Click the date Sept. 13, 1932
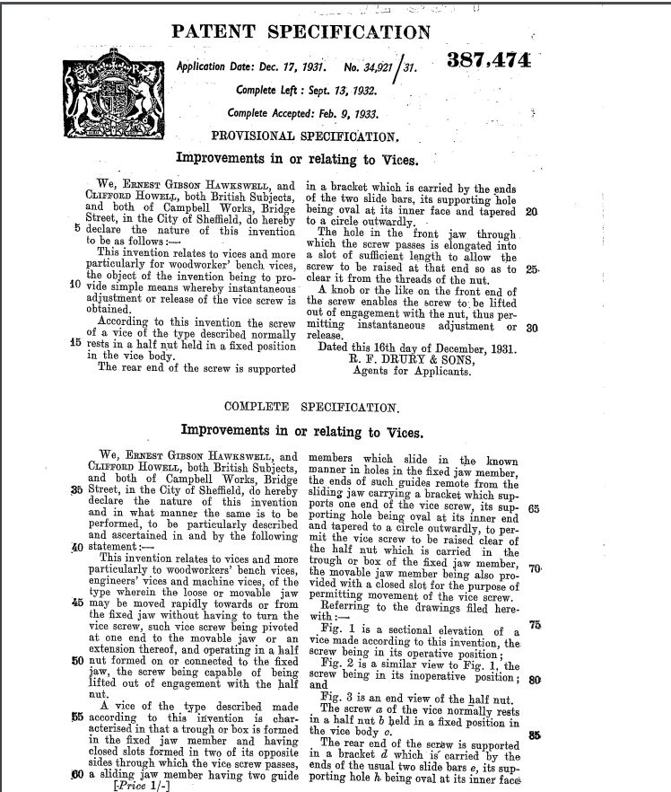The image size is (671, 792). pos(334,91)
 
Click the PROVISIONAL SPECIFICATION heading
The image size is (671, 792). pos(304,136)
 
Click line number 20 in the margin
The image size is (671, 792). pos(531,213)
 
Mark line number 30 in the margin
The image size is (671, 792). pos(531,328)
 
